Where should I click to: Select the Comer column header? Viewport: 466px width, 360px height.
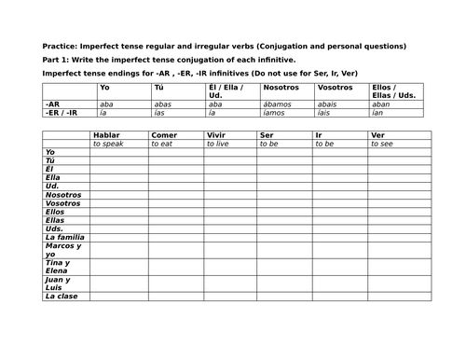[163, 135]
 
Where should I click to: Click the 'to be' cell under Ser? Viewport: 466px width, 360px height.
[271, 145]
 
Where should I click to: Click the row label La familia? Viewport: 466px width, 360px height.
[64, 237]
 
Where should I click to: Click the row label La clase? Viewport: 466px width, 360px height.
[62, 296]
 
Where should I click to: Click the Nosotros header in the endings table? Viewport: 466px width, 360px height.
[276, 87]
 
